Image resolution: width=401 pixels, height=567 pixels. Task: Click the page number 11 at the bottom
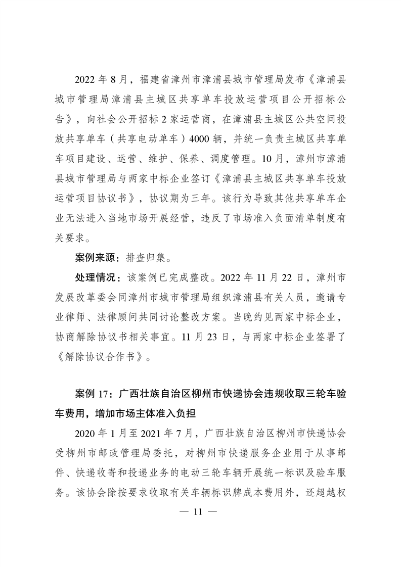[x=201, y=511]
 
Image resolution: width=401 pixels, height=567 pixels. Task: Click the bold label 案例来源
[x=94, y=257]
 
